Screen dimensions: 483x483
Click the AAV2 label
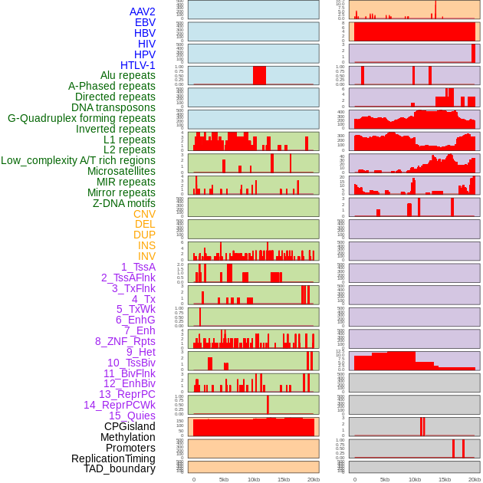click(x=142, y=11)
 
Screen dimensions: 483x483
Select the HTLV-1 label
click(x=137, y=65)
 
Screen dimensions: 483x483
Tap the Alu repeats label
click(x=127, y=76)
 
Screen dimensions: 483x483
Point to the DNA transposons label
click(x=113, y=107)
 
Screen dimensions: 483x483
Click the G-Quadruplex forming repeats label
click(x=81, y=118)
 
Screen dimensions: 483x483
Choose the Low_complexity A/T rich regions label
click(x=77, y=160)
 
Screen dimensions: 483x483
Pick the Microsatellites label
click(x=121, y=171)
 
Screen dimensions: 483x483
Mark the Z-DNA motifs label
click(x=123, y=203)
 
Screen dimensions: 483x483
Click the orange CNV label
click(x=144, y=214)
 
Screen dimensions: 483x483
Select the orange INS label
click(x=146, y=245)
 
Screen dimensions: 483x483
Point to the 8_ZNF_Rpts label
click(x=125, y=341)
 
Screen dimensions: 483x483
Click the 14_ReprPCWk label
click(x=119, y=405)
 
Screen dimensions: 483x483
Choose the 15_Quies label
click(x=131, y=416)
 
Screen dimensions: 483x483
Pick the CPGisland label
click(x=130, y=426)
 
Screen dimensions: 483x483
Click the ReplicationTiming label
click(x=113, y=458)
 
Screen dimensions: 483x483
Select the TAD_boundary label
click(x=119, y=468)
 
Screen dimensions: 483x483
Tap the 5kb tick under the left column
click(x=224, y=479)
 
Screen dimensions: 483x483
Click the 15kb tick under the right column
click(x=445, y=479)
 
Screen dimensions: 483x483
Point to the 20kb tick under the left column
click(x=314, y=479)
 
